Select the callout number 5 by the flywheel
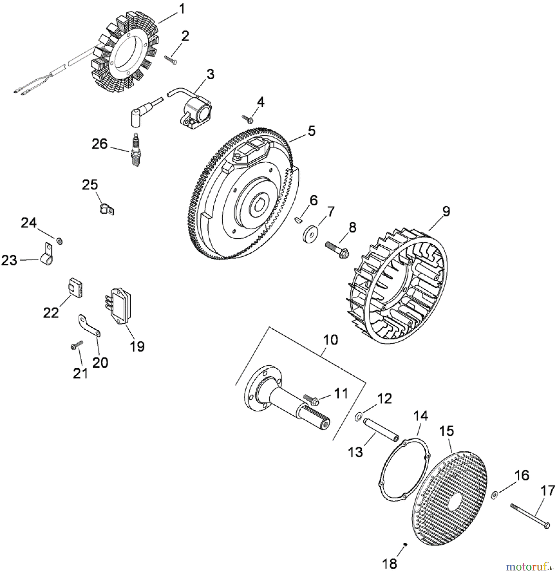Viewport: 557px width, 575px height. click(x=311, y=131)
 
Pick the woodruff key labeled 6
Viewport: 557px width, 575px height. click(x=297, y=220)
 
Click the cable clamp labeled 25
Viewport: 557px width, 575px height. click(x=105, y=209)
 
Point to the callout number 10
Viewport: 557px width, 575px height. click(x=330, y=340)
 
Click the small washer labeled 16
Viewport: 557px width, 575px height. click(x=494, y=495)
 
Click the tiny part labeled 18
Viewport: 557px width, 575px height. click(x=405, y=545)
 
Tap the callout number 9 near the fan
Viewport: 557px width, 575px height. click(x=446, y=211)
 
